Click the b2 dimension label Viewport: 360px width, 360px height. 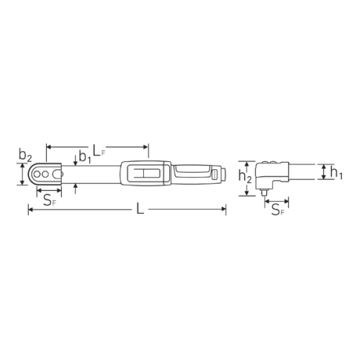coord(25,156)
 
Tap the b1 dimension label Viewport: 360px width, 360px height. coord(85,158)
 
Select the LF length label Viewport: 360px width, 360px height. coord(99,151)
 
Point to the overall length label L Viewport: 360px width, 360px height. coord(140,209)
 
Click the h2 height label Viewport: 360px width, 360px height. coord(245,177)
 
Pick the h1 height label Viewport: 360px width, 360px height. coord(336,173)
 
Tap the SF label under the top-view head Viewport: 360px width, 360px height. coord(50,201)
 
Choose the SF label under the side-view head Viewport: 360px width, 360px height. coord(277,210)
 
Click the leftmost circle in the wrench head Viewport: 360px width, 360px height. coord(37,174)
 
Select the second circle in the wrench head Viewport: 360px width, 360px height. coord(45,174)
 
